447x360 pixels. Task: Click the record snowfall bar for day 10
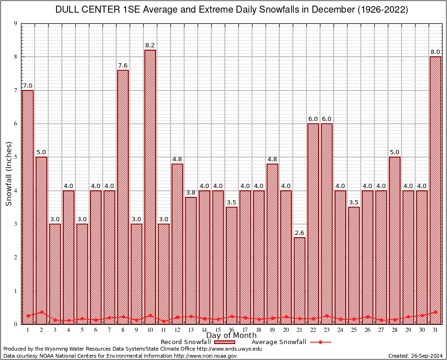(x=150, y=187)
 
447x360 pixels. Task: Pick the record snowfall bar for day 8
(x=123, y=197)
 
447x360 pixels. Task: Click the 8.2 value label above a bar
(x=150, y=45)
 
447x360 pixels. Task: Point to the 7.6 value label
(x=123, y=65)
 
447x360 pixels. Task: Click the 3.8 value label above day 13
(x=191, y=192)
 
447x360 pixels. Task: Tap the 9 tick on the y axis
(x=16, y=23)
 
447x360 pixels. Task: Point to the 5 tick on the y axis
(x=16, y=157)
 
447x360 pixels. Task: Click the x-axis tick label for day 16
(x=231, y=330)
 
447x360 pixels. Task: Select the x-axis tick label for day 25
(x=354, y=330)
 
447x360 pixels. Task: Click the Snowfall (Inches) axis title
(x=9, y=173)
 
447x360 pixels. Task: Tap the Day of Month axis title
(x=231, y=336)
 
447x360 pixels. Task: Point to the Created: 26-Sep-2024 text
(x=415, y=356)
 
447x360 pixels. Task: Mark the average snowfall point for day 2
(x=41, y=312)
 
